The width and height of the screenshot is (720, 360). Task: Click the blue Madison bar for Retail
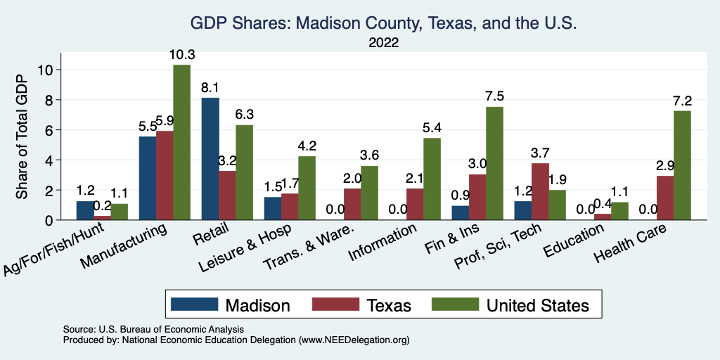pos(210,159)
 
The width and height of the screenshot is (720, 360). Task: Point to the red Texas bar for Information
pos(415,204)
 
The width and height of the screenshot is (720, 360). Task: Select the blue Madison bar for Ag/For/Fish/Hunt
pos(85,210)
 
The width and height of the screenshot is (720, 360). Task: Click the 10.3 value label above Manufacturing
pos(181,55)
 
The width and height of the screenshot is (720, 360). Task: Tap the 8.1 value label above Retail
pos(210,88)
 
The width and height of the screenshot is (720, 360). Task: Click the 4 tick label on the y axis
pos(49,160)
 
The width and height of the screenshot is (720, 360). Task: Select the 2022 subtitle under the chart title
pos(383,43)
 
